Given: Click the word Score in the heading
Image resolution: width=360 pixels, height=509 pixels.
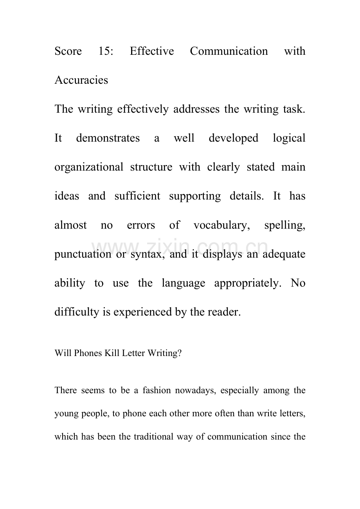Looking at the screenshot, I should tap(68, 51).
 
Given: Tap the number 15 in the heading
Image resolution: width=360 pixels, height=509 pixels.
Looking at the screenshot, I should tap(106, 51).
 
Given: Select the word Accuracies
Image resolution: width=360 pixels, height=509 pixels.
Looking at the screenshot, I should tap(81, 80).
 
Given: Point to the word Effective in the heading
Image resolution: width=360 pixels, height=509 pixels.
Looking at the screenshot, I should tap(151, 51).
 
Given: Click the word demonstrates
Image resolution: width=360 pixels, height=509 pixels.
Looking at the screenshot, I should tap(108, 138).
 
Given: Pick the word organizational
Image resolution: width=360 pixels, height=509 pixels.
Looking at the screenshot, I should tap(88, 167).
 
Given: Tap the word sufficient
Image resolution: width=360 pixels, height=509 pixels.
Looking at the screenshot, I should tap(137, 196).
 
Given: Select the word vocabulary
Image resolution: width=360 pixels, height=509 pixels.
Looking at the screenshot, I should tap(222, 225).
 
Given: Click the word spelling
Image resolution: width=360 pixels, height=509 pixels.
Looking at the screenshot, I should tap(284, 225).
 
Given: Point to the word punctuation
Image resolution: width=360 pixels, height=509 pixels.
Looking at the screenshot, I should tap(83, 254).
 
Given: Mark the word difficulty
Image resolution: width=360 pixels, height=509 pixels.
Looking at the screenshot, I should tap(76, 312).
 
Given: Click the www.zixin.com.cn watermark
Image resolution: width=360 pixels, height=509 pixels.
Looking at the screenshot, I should tap(180, 247).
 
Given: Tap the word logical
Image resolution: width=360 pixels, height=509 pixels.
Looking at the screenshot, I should tap(289, 138).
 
